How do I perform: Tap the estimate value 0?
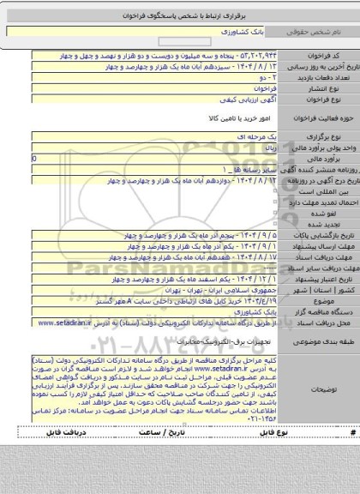[x=33, y=159]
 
